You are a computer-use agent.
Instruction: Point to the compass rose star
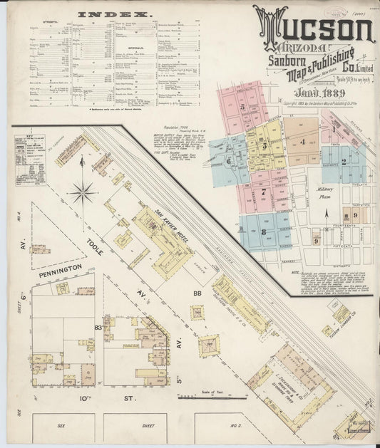(x=84, y=190)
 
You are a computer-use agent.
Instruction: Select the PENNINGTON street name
(x=49, y=268)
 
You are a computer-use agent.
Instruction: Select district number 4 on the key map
(x=302, y=141)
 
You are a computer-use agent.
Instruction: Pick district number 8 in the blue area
(x=263, y=231)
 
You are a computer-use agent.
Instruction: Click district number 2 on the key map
(x=344, y=161)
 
